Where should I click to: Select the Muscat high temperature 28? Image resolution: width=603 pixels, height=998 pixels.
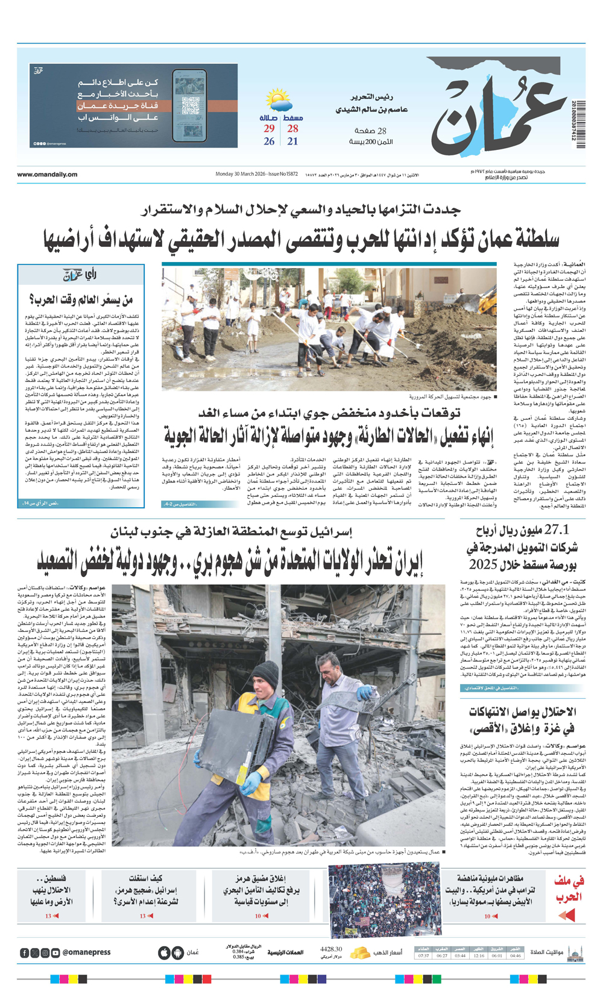(x=292, y=128)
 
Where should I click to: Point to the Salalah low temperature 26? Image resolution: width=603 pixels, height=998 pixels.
(x=269, y=142)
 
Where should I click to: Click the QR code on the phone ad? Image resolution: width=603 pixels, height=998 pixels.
(x=191, y=106)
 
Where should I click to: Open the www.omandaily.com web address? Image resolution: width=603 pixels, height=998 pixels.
(x=47, y=175)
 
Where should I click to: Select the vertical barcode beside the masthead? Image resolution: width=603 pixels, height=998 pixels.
(x=579, y=123)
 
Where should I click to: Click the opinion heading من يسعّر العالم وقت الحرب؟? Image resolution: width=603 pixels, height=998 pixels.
(x=81, y=299)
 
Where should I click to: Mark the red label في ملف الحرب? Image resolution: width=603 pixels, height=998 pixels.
(x=569, y=890)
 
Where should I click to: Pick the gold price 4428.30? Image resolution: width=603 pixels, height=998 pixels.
(x=331, y=949)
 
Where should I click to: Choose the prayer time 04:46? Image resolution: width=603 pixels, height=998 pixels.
(x=516, y=955)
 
